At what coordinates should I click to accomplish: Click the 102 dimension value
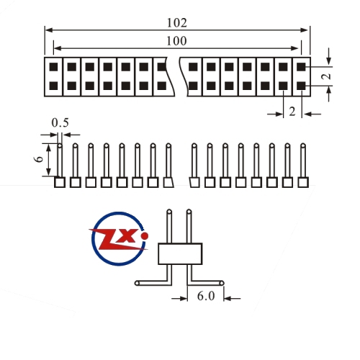pos(176,23)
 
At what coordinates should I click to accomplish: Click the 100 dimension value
pos(176,41)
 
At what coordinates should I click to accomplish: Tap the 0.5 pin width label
pos(60,122)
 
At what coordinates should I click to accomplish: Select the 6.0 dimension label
pos(206,296)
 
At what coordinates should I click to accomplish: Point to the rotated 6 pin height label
pos(39,159)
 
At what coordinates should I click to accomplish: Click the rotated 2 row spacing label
pos(326,76)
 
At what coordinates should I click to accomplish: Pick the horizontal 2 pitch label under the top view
pos(292,112)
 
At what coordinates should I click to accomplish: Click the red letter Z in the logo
pos(110,239)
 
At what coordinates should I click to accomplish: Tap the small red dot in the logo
pos(145,236)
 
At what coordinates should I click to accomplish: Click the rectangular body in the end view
pos(180,253)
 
